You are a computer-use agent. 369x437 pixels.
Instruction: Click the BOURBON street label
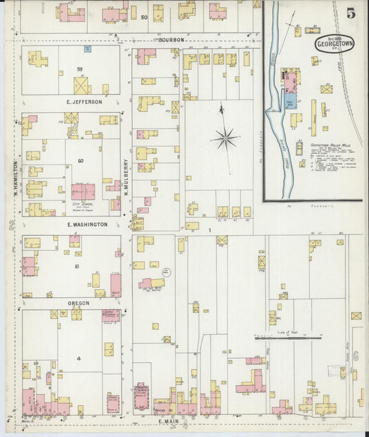[170, 40]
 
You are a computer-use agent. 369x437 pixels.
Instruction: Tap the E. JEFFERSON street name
[84, 102]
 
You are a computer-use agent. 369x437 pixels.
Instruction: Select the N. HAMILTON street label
[15, 178]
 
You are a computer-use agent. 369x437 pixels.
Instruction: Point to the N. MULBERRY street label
[127, 176]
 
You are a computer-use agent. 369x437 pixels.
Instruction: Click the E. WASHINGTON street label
[87, 225]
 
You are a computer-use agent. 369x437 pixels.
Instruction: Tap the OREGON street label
[78, 303]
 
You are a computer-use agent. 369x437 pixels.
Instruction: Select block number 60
[80, 161]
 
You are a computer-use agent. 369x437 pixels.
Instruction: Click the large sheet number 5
[351, 13]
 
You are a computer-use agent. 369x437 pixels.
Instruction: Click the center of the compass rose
[225, 139]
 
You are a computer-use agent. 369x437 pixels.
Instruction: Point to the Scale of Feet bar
[287, 338]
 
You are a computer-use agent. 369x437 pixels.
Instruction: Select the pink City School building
[83, 191]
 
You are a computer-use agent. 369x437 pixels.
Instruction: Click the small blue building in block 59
[87, 49]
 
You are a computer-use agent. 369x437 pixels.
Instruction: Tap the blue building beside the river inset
[291, 101]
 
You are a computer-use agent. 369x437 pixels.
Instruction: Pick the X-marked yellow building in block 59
[82, 86]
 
